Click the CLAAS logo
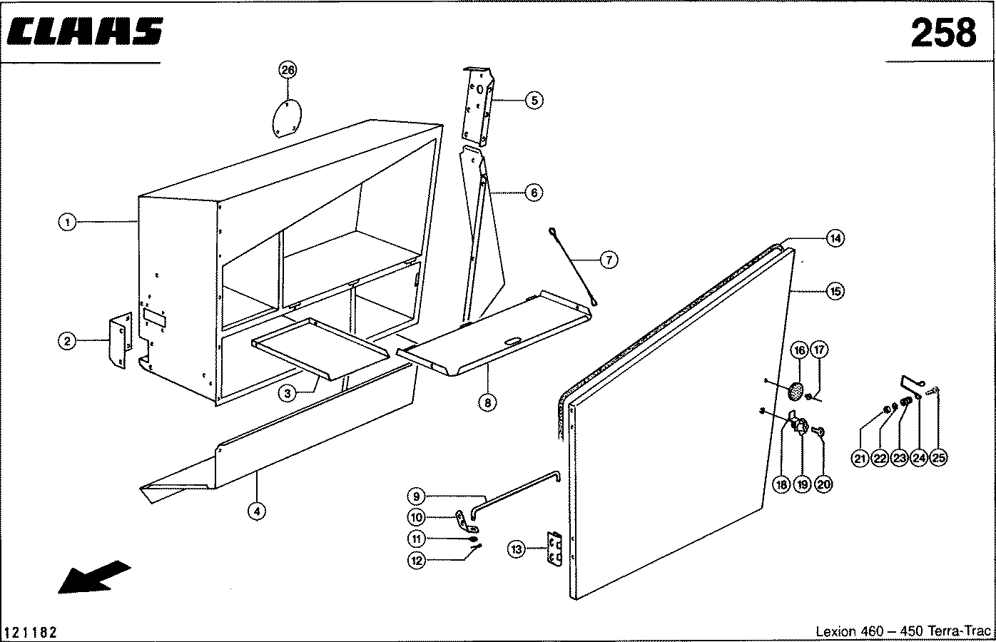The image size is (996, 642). (x=85, y=31)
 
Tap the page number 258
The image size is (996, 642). (x=943, y=33)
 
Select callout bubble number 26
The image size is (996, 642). (x=288, y=70)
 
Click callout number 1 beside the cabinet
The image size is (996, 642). (x=68, y=222)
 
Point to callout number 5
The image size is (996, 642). (x=534, y=101)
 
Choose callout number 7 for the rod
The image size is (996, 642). (x=609, y=260)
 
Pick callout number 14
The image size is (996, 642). (x=835, y=239)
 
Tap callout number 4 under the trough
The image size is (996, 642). (x=257, y=511)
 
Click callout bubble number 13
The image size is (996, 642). (x=517, y=549)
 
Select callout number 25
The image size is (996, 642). (x=938, y=458)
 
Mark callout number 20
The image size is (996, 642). (x=823, y=484)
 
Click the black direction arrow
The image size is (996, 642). (x=94, y=577)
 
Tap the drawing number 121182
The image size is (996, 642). (x=30, y=632)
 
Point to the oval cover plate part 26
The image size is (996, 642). (x=287, y=118)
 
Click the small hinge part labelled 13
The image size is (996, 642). (x=554, y=549)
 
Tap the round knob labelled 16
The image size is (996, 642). (x=795, y=391)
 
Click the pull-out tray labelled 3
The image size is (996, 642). (x=320, y=348)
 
